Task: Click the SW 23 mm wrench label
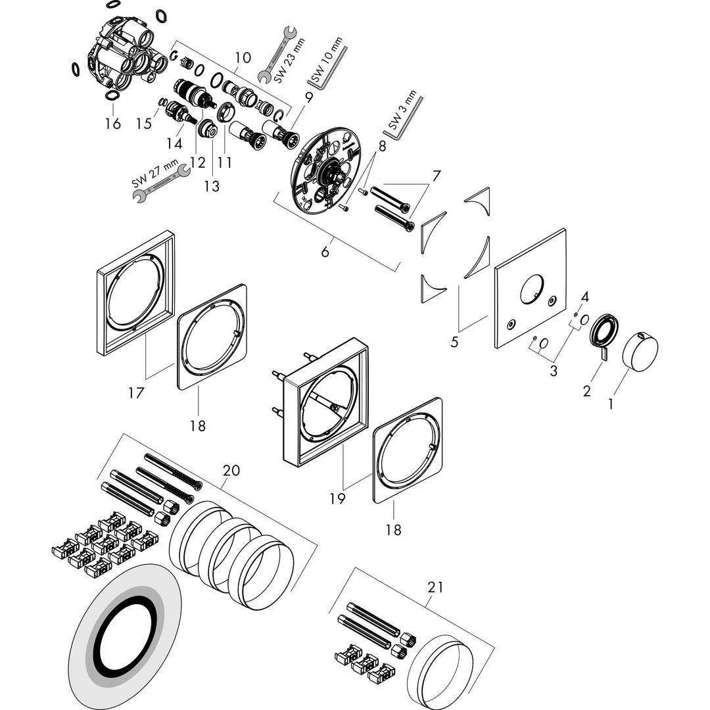tap(289, 60)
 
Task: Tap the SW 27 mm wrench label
tap(154, 176)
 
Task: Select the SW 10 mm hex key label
tap(327, 60)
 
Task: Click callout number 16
tap(113, 123)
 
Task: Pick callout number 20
tap(231, 471)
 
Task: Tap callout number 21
tap(435, 587)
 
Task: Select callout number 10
tap(243, 57)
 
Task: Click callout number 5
tap(454, 341)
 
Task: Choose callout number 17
tap(136, 392)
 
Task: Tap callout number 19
tap(337, 498)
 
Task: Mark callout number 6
tap(325, 251)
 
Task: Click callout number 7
tap(436, 176)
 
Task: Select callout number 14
tap(174, 143)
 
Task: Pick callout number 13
tap(212, 185)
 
